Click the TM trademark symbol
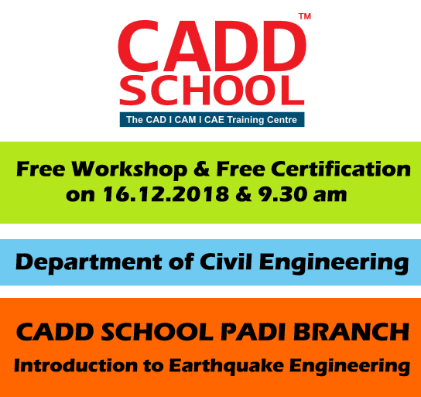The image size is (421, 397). [x=305, y=16]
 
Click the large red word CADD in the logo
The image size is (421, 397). [x=212, y=46]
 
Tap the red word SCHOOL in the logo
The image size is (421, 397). [x=212, y=91]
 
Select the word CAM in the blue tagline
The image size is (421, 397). [x=185, y=120]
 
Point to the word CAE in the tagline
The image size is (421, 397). [x=214, y=120]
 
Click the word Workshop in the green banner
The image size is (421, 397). [x=129, y=170]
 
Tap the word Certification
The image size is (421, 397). [x=341, y=169]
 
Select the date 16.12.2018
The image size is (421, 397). [x=166, y=194]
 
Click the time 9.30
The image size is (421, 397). [x=282, y=194]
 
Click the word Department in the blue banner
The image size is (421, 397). [x=88, y=263]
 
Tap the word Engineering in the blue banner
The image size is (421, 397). [x=334, y=263]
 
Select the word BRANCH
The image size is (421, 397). [x=351, y=332]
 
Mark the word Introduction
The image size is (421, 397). [x=75, y=365]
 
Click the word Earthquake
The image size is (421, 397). [x=226, y=367]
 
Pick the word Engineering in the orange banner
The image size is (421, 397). [x=350, y=367]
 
